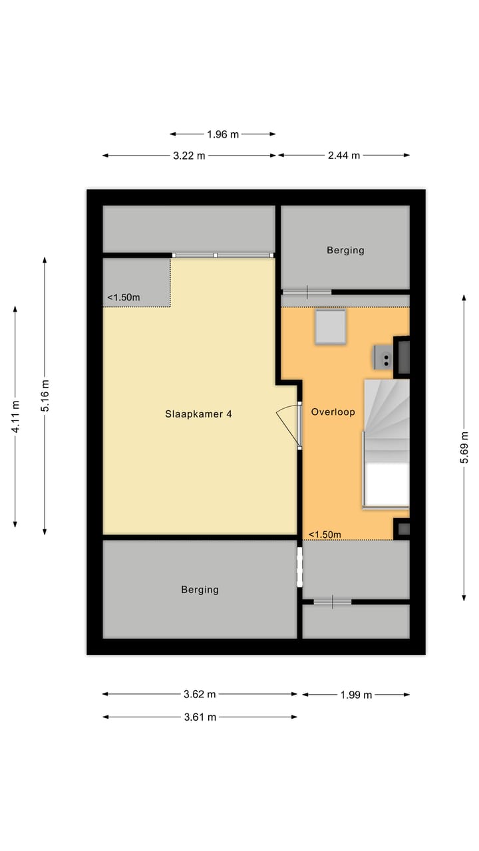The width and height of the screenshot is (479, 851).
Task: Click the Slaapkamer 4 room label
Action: tap(199, 414)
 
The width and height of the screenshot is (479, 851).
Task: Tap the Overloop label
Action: tap(333, 412)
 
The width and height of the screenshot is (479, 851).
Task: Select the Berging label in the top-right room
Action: tap(345, 251)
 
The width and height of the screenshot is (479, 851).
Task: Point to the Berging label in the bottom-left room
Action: tap(200, 590)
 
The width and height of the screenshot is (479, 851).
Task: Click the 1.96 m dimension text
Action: tap(222, 134)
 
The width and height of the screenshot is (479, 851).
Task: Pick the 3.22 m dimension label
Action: tap(189, 156)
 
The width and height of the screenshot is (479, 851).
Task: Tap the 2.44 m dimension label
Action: tap(343, 156)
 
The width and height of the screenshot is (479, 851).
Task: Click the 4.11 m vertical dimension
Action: tap(15, 417)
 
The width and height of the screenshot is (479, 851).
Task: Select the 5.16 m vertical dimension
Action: tap(45, 395)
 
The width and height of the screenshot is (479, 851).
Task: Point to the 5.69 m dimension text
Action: tap(464, 447)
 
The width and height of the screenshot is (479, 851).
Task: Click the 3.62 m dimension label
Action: tap(200, 695)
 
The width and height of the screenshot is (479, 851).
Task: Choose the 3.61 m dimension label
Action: tap(200, 717)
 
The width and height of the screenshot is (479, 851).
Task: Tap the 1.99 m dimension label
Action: tap(355, 695)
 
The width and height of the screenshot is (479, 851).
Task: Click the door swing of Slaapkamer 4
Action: tap(290, 422)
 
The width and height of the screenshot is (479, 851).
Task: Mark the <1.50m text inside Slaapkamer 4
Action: tap(124, 298)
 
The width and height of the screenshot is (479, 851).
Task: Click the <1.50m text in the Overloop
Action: tap(325, 535)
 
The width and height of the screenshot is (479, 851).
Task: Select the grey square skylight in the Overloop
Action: tap(330, 326)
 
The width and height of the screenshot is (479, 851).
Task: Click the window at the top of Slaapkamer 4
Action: tap(223, 255)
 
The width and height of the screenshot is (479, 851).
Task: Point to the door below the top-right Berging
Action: tap(307, 291)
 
